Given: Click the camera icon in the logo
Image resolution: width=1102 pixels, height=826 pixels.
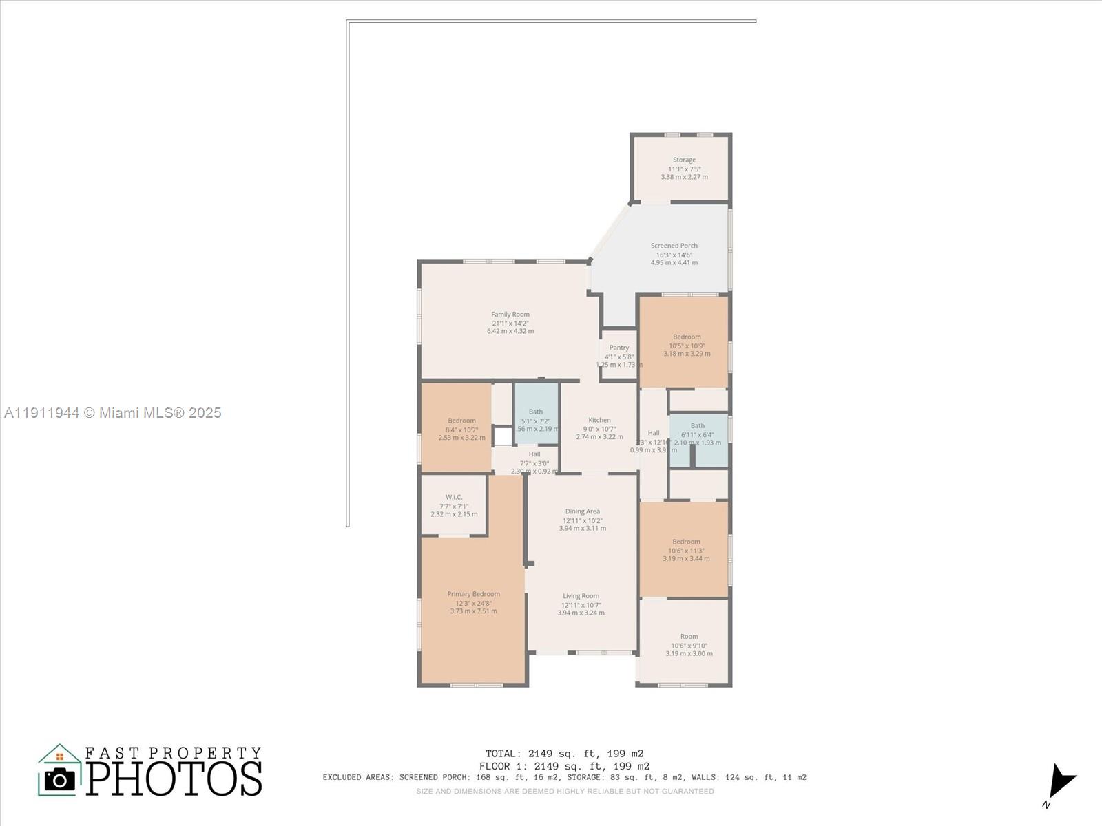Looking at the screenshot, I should click(60, 779).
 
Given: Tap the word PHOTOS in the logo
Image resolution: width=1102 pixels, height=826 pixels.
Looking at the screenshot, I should click(174, 779).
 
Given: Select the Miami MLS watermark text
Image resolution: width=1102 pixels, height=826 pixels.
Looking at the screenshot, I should click(112, 412).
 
